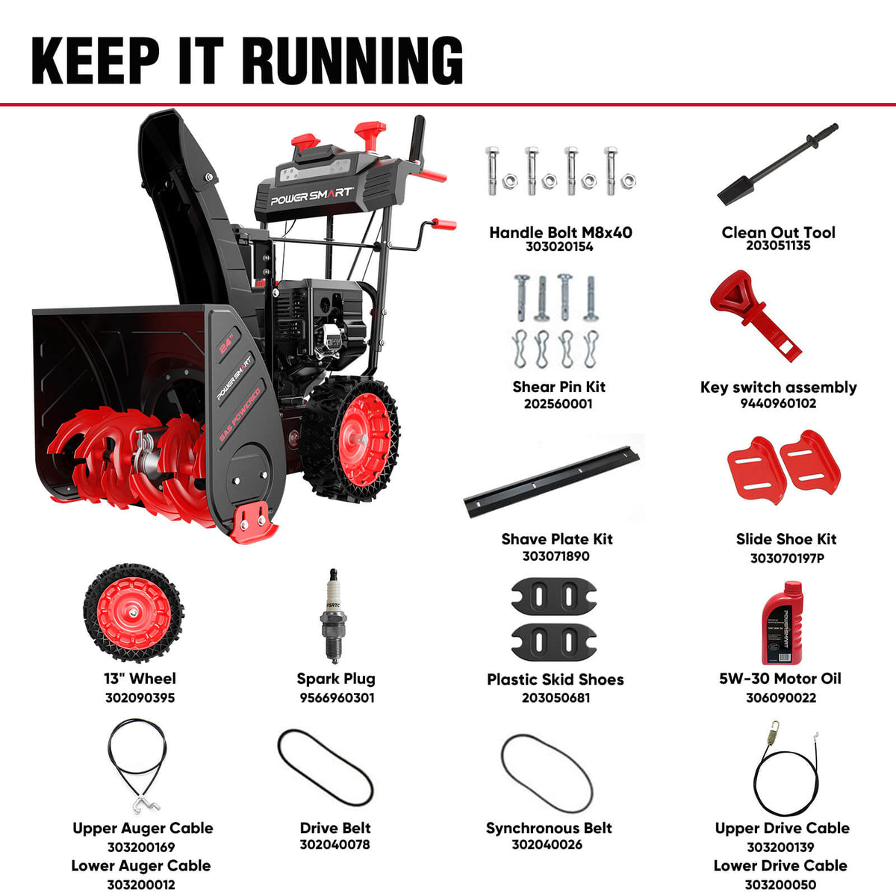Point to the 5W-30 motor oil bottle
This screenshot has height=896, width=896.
pos(780,623)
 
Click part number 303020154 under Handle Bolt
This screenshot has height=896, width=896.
pos(559,247)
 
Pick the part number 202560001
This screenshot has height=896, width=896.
pos(559,404)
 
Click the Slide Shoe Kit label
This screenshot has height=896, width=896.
pos(785,539)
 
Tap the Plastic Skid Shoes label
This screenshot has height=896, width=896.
pos(556,679)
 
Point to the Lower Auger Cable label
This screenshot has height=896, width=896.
pos(141,866)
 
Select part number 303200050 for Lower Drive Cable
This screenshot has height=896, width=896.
pos(780,885)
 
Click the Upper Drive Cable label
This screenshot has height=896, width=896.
pos(782,828)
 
